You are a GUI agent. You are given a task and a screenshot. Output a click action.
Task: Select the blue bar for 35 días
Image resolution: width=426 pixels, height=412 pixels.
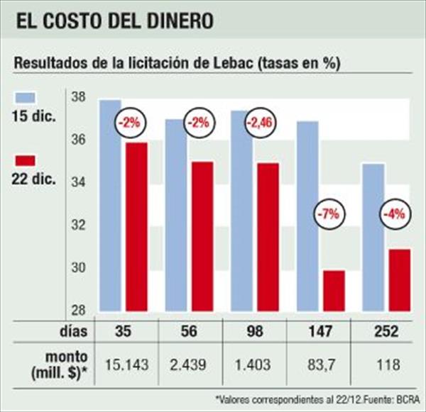(109, 206)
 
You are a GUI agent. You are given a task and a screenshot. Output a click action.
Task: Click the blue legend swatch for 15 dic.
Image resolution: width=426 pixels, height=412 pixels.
(27, 97)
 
